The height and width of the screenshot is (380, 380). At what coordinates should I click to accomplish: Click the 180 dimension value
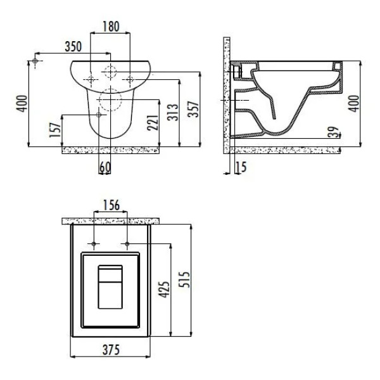(111, 27)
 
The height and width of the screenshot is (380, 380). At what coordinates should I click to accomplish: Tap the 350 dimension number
(73, 46)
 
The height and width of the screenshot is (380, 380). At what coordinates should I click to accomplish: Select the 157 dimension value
(55, 130)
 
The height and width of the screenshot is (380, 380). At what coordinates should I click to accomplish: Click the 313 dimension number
(174, 112)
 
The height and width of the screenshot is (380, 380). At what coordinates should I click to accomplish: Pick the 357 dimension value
(194, 109)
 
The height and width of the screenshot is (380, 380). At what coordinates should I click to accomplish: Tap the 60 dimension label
(105, 167)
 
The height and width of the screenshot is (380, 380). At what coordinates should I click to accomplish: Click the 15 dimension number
(241, 167)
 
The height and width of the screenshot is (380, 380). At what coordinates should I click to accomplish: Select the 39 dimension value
(334, 132)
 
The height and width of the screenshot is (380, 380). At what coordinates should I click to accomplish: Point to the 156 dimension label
(111, 205)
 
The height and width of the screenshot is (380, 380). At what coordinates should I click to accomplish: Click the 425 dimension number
(164, 289)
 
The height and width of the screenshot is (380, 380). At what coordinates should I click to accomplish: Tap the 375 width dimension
(111, 350)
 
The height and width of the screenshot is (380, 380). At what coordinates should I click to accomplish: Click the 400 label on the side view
(353, 103)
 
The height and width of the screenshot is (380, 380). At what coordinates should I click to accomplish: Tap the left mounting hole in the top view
(94, 244)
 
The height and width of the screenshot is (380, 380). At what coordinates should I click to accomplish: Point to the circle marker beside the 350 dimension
(35, 61)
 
